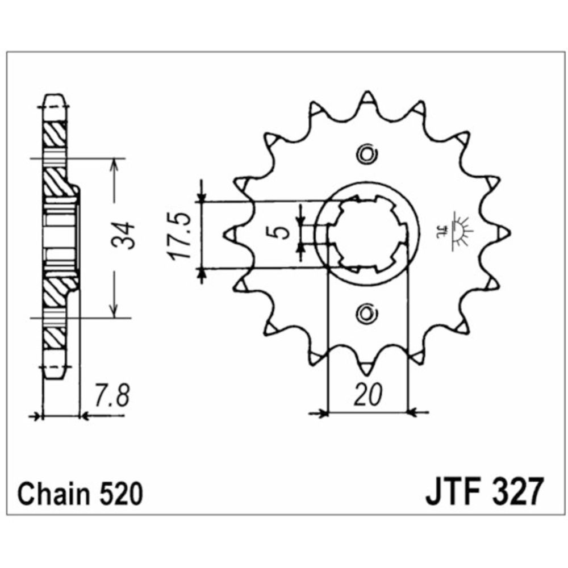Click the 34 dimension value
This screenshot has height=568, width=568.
coord(127,235)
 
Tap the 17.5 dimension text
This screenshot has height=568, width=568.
coord(181,236)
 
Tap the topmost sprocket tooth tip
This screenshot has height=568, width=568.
coord(366,96)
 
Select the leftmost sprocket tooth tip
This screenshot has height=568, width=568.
coord(231,233)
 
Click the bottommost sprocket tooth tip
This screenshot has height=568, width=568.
coord(365,370)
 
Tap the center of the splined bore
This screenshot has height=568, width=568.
coord(367,233)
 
